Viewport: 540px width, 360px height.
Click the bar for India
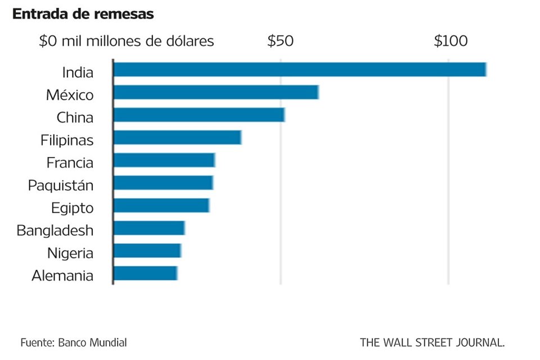(x=299, y=69)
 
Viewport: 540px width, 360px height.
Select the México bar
(x=216, y=92)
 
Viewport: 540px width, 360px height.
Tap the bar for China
(x=199, y=115)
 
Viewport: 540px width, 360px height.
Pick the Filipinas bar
(x=177, y=137)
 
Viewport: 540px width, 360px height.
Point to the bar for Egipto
(x=161, y=205)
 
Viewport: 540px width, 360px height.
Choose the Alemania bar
(x=145, y=273)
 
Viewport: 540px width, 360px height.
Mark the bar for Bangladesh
(x=149, y=228)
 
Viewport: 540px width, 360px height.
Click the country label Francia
(x=70, y=163)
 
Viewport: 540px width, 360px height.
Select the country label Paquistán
(x=61, y=185)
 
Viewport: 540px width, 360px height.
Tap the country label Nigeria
(x=70, y=253)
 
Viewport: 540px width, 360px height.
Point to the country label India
(x=78, y=72)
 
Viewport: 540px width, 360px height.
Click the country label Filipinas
(x=67, y=140)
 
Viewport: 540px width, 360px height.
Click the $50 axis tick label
(x=280, y=41)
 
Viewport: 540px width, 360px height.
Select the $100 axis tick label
(x=451, y=41)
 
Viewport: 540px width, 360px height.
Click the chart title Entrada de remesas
(x=83, y=15)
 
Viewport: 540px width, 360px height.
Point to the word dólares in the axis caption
(x=188, y=41)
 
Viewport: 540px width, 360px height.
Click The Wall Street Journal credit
(x=432, y=342)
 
